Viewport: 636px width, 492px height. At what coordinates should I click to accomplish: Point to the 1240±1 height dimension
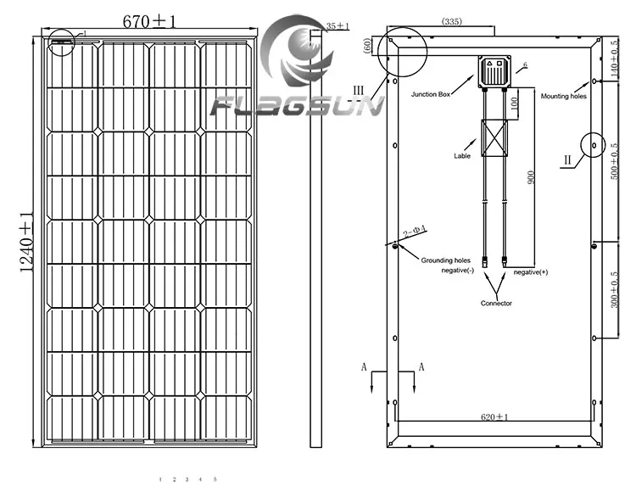point(26,242)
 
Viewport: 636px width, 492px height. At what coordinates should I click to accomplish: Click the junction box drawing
point(493,74)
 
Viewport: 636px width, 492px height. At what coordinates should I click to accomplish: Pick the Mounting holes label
point(563,96)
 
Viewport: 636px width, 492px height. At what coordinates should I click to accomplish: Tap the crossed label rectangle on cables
point(494,138)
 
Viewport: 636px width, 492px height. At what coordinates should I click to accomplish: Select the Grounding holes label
point(445,261)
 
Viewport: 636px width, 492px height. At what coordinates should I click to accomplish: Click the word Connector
point(496,303)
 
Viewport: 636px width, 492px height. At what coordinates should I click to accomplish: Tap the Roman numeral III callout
point(359,89)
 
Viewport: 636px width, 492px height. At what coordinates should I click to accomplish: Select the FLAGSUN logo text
point(297,107)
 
